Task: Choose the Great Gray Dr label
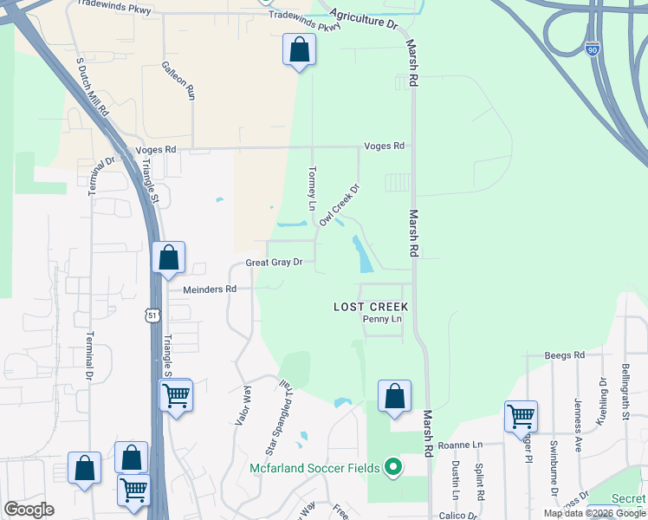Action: point(274,262)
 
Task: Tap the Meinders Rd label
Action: point(210,289)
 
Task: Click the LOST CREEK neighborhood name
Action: point(371,307)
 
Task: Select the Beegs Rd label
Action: point(565,355)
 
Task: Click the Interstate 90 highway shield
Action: point(592,50)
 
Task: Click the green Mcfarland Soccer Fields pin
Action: point(393,468)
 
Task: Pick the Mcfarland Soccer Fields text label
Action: point(314,469)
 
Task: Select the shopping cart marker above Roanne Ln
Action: point(521,416)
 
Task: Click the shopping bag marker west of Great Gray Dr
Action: point(169,257)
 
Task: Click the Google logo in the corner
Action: point(29,510)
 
